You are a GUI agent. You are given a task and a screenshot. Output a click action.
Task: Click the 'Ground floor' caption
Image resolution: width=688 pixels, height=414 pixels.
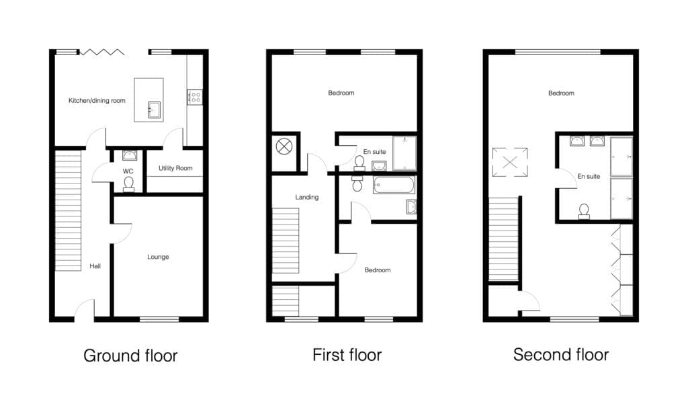click(x=130, y=356)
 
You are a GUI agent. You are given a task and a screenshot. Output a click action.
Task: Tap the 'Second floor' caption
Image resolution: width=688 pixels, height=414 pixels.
click(x=561, y=355)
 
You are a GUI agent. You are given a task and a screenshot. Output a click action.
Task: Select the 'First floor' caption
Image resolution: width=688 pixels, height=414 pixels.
click(x=347, y=355)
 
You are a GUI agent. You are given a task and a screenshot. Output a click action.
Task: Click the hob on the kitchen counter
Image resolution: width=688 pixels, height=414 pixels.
click(x=195, y=97)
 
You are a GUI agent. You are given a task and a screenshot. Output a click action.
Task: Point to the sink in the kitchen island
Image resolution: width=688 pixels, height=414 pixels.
click(x=154, y=110)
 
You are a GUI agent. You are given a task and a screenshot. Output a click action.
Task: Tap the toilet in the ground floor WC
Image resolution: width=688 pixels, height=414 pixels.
click(x=128, y=185)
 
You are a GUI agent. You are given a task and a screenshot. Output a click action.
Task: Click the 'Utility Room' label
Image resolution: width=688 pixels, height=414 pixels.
click(x=175, y=168)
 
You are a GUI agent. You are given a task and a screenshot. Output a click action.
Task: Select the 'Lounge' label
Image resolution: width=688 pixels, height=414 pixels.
click(x=158, y=257)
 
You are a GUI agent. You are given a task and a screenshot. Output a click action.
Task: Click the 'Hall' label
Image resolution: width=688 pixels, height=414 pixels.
click(x=95, y=266)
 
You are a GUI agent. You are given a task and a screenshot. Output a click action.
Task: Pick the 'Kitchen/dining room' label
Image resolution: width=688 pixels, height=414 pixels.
click(x=97, y=101)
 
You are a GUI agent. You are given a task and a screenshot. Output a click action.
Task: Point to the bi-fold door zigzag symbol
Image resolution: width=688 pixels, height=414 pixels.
click(x=102, y=52)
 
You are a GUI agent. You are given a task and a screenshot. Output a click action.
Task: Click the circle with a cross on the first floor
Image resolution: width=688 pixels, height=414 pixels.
click(x=284, y=147)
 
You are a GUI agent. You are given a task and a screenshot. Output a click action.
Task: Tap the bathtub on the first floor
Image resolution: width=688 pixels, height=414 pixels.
click(x=394, y=185)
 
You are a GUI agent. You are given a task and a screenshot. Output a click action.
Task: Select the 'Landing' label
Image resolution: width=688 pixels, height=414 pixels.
click(x=306, y=197)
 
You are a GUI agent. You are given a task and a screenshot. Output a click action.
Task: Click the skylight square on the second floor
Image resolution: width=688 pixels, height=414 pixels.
click(x=510, y=163)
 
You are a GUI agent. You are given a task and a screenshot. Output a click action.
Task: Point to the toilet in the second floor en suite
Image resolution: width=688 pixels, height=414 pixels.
click(x=584, y=212)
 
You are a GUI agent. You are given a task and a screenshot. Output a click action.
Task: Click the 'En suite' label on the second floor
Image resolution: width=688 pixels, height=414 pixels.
click(x=589, y=177)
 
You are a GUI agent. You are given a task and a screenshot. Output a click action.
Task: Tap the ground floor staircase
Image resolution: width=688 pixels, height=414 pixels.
click(x=68, y=210)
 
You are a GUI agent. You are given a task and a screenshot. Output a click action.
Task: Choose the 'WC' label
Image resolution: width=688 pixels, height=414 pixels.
click(x=128, y=171)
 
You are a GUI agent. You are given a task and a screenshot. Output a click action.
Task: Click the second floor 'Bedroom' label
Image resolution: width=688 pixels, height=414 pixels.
click(x=561, y=93)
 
